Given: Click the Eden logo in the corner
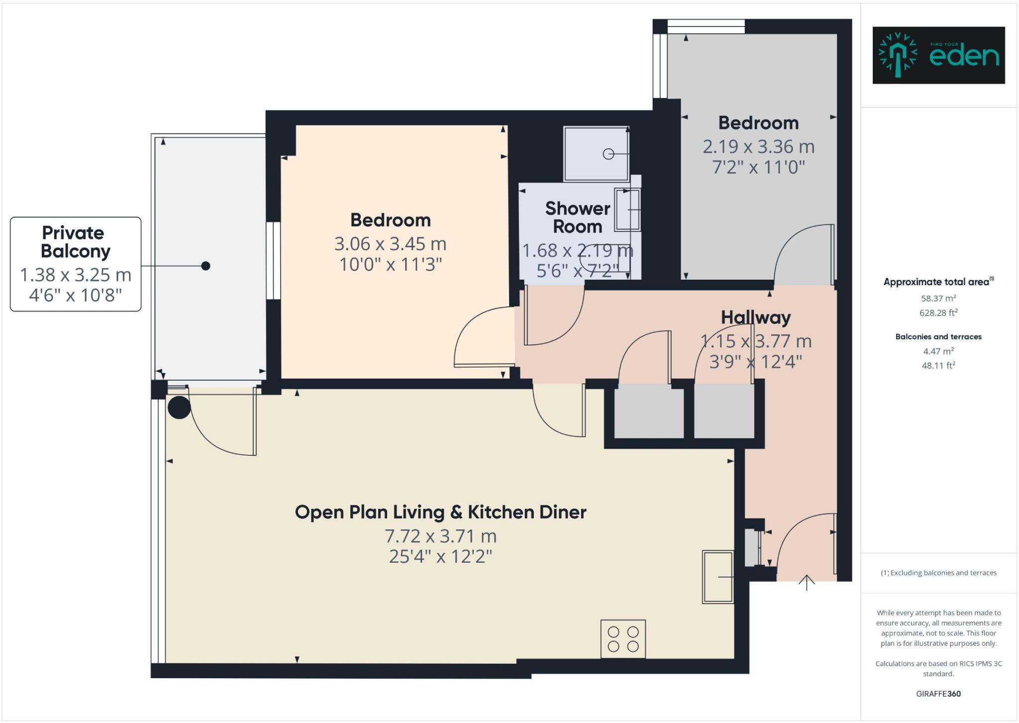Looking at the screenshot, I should tap(938, 55).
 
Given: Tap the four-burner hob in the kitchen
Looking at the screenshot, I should tap(623, 639).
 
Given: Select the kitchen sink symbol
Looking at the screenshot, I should tap(717, 577).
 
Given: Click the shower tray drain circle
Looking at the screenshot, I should tap(608, 154).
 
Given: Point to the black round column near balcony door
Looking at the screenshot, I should tap(179, 407).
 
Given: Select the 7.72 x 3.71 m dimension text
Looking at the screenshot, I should tap(440, 536).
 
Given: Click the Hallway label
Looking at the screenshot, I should tap(755, 317).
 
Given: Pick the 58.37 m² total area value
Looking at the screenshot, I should tap(938, 299).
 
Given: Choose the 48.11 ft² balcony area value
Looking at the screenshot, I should tap(938, 365).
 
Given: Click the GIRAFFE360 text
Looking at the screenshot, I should tap(938, 694).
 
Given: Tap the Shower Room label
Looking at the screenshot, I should tap(577, 217).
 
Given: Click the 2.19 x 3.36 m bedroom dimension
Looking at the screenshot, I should tap(758, 147).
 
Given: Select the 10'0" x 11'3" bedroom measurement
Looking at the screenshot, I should tap(390, 264).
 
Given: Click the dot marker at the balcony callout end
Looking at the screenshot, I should tap(205, 266).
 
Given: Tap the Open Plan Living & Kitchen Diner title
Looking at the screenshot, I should tap(440, 512).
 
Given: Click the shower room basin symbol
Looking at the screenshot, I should tap(627, 209).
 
